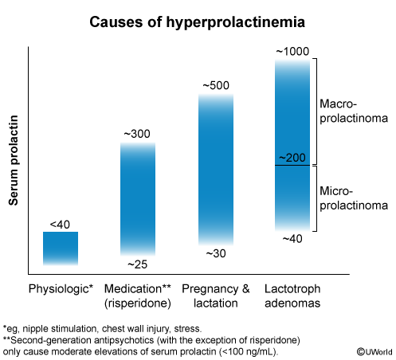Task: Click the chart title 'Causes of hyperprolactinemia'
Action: [x=197, y=22]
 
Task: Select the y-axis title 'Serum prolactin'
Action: [x=14, y=160]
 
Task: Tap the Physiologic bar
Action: [x=61, y=248]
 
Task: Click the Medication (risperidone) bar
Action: [x=138, y=199]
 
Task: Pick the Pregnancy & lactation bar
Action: [x=216, y=169]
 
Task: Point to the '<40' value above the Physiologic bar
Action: [x=60, y=225]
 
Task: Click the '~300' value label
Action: [x=137, y=134]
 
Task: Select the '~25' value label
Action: [x=137, y=264]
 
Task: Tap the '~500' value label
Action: [x=216, y=85]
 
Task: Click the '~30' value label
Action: [x=216, y=253]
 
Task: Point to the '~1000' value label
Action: [x=292, y=52]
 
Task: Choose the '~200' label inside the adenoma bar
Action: [x=292, y=158]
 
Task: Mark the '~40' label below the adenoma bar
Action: [x=292, y=239]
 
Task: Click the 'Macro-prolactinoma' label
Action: [x=354, y=111]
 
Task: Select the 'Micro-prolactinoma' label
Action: [x=354, y=198]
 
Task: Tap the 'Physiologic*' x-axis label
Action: [x=61, y=289]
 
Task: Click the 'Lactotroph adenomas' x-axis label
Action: [x=292, y=295]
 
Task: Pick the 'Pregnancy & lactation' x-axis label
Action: [x=216, y=295]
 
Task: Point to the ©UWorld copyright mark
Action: [x=374, y=352]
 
